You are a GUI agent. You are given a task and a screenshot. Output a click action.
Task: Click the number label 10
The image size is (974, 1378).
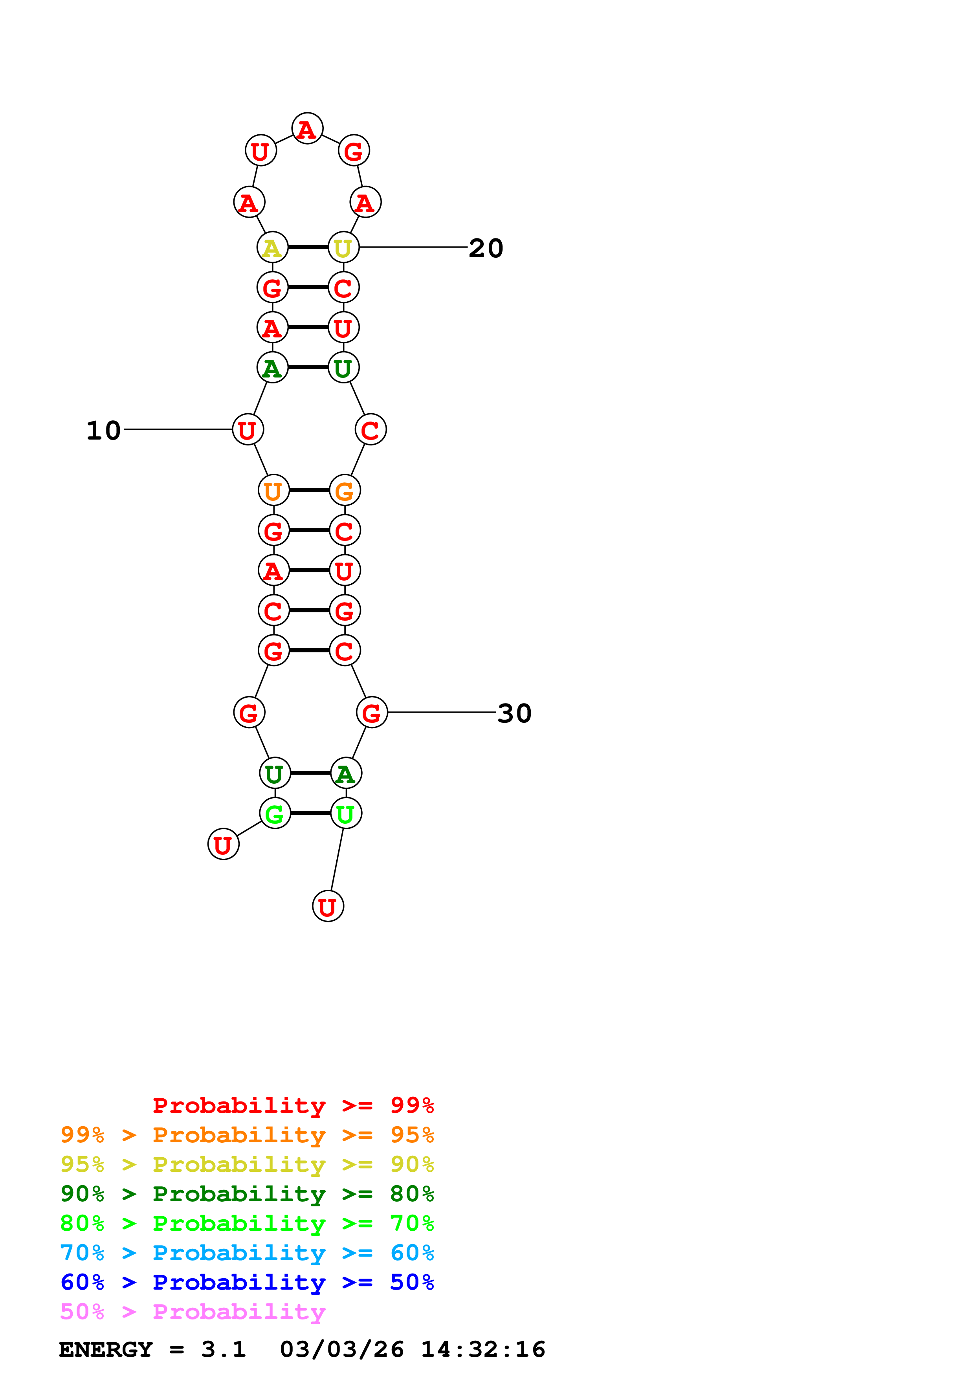point(103,430)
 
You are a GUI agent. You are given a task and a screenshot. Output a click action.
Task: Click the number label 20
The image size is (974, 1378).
point(486,248)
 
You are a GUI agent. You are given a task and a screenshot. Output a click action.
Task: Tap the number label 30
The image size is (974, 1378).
point(514,713)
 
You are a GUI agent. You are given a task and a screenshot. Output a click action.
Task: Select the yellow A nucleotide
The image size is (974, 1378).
point(272,247)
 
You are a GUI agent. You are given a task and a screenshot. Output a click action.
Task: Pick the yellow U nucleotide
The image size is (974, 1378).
point(343,247)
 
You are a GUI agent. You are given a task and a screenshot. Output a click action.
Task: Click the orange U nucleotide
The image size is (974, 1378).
point(274,490)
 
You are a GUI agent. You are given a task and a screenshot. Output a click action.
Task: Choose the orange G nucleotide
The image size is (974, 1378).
point(345,490)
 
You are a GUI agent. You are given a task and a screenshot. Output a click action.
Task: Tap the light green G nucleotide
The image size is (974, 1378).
point(275,813)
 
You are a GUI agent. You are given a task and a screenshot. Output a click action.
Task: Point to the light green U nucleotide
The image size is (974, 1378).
point(346,813)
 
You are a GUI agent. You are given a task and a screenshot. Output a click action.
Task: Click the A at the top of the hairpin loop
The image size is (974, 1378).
point(307,128)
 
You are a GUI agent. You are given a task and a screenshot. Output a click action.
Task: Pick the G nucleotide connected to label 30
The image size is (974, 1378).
point(372,713)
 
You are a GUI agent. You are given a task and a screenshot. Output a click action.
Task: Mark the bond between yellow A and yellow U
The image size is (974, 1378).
point(308,247)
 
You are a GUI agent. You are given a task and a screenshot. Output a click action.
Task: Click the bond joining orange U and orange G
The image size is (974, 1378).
point(309,490)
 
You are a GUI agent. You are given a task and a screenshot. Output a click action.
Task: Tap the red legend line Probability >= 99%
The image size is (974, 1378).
point(293,1105)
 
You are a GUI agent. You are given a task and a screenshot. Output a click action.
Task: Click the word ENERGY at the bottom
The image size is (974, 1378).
point(106,1349)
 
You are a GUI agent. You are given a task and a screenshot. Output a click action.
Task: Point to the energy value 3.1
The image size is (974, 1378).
point(223,1349)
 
